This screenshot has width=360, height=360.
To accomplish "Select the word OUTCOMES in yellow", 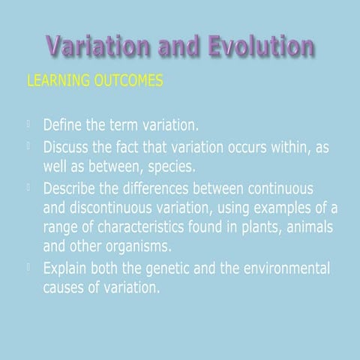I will (x=127, y=80).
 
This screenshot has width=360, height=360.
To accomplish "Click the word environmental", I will (x=281, y=268).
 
